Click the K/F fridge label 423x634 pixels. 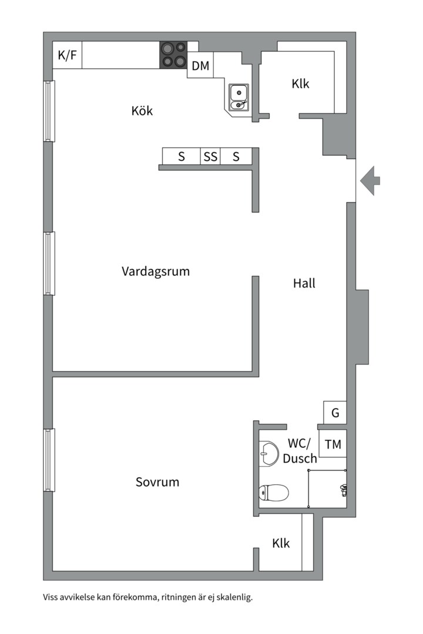click(x=67, y=56)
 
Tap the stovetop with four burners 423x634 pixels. click(x=173, y=55)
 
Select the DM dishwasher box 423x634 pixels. click(x=200, y=66)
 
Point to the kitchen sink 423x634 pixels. click(x=239, y=97)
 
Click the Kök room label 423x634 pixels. click(x=142, y=110)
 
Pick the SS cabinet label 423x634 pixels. click(x=210, y=157)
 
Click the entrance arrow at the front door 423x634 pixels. click(x=370, y=180)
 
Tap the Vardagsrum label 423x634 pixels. click(x=156, y=271)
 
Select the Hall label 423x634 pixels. click(x=304, y=283)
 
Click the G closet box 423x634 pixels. click(x=335, y=413)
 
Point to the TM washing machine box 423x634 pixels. click(x=333, y=444)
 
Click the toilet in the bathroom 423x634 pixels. click(x=274, y=492)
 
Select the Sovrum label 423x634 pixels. click(x=157, y=483)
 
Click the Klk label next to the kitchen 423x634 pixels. click(x=300, y=84)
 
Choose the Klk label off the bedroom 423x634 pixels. click(x=281, y=544)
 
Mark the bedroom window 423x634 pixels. click(x=49, y=460)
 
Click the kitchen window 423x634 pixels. click(x=49, y=111)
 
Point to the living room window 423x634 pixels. click(x=49, y=263)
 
